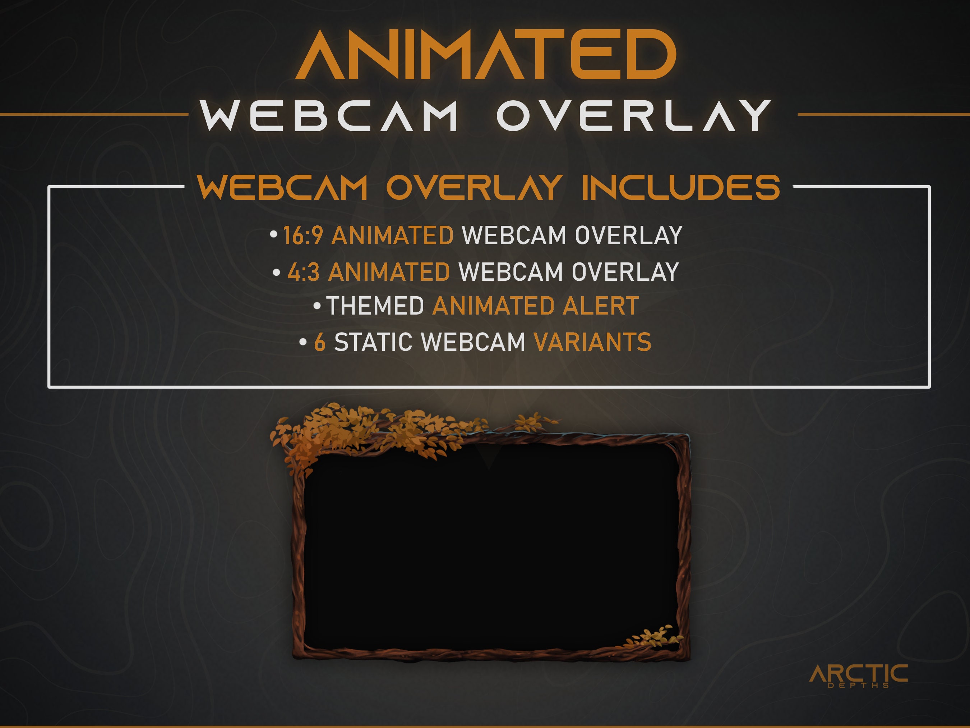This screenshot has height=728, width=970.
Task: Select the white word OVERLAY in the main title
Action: pyautogui.click(x=634, y=116)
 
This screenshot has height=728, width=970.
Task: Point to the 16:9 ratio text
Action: pyautogui.click(x=303, y=235)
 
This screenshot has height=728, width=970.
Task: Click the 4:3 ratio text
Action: pyautogui.click(x=304, y=272)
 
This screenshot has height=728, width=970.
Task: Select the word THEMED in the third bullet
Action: pyautogui.click(x=375, y=306)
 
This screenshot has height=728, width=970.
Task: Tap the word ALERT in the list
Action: pyautogui.click(x=600, y=306)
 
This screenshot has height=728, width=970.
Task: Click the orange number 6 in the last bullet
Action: pyautogui.click(x=320, y=342)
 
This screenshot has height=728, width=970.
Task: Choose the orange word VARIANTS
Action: pyautogui.click(x=592, y=342)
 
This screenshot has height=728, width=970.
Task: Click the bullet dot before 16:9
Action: pyautogui.click(x=274, y=234)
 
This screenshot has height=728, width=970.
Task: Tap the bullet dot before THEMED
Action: pyautogui.click(x=317, y=305)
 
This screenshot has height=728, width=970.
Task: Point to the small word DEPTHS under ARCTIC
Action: pyautogui.click(x=858, y=686)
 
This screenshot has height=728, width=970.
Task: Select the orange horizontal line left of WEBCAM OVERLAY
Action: pyautogui.click(x=94, y=115)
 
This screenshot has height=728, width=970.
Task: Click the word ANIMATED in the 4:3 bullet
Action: pyautogui.click(x=389, y=272)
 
